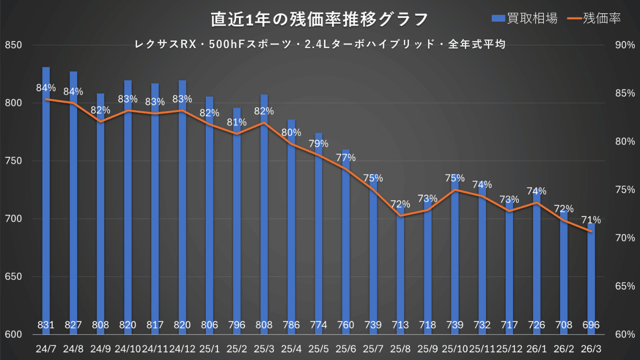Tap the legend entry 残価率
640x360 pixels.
point(595,18)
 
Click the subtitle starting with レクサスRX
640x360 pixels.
point(320,44)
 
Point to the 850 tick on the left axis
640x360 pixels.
point(13,45)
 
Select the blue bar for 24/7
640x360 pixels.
point(46,200)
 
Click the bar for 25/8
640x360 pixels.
point(400,270)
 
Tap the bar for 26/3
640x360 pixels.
point(591,280)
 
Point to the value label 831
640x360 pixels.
point(46,325)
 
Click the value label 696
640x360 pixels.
point(591,325)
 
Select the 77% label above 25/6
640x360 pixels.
point(346,158)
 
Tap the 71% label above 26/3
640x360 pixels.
point(591,220)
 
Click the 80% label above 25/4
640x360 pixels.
point(291,133)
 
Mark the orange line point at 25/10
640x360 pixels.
point(454,190)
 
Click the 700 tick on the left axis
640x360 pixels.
point(13,219)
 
